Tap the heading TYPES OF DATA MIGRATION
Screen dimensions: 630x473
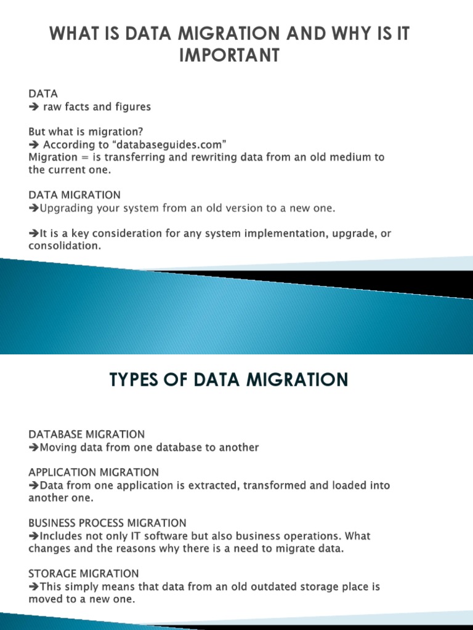click(x=228, y=380)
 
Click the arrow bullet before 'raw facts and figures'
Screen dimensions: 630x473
click(x=33, y=107)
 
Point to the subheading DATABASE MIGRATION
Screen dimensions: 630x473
click(x=87, y=434)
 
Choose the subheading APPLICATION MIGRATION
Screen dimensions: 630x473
click(x=94, y=472)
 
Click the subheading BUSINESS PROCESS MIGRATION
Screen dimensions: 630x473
click(x=107, y=523)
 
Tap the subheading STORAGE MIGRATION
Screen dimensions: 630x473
click(x=84, y=573)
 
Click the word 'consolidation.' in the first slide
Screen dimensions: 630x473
click(x=64, y=245)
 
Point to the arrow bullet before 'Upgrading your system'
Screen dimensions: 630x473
click(x=33, y=209)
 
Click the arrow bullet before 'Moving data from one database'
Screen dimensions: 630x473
click(x=33, y=448)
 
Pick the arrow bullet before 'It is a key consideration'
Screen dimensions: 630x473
click(x=33, y=234)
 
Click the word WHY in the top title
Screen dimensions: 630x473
click(x=328, y=34)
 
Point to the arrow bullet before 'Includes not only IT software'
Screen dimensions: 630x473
click(x=33, y=536)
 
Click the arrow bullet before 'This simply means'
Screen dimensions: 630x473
click(x=33, y=587)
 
